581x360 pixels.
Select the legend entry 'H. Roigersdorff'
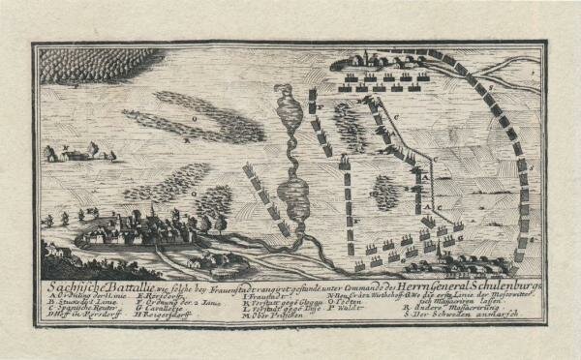pyautogui.click(x=172, y=310)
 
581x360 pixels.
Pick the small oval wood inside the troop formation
pyautogui.click(x=385, y=191)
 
